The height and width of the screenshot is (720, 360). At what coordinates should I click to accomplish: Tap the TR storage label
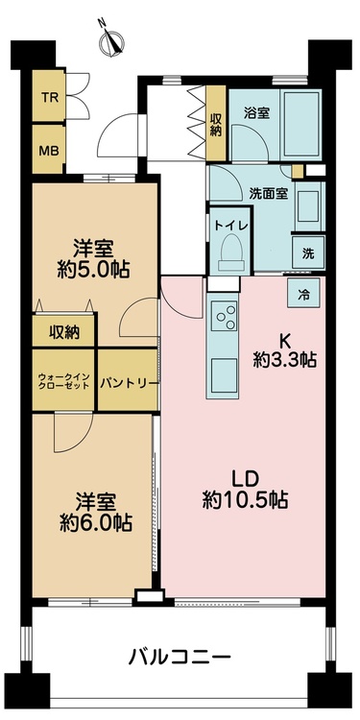[49, 98]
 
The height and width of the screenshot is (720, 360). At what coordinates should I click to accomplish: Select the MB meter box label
[49, 151]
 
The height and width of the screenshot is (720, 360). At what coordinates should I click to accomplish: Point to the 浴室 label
[256, 113]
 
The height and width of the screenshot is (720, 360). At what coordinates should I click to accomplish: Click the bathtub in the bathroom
[300, 124]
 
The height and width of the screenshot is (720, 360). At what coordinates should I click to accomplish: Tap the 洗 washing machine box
[308, 253]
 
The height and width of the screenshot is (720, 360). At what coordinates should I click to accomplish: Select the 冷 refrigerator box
[303, 295]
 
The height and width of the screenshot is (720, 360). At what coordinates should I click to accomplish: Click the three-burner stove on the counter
[225, 315]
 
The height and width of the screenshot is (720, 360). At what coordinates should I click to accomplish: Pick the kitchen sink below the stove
[225, 374]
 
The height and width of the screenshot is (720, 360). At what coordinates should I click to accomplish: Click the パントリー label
[130, 382]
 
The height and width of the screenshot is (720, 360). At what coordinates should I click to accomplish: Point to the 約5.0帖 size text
[93, 270]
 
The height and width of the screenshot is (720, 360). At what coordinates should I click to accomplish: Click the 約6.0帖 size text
[96, 522]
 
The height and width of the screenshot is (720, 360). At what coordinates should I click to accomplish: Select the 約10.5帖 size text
[245, 499]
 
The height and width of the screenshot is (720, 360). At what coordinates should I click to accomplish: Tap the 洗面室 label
[269, 193]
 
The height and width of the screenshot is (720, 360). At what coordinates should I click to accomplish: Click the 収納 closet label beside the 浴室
[216, 124]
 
